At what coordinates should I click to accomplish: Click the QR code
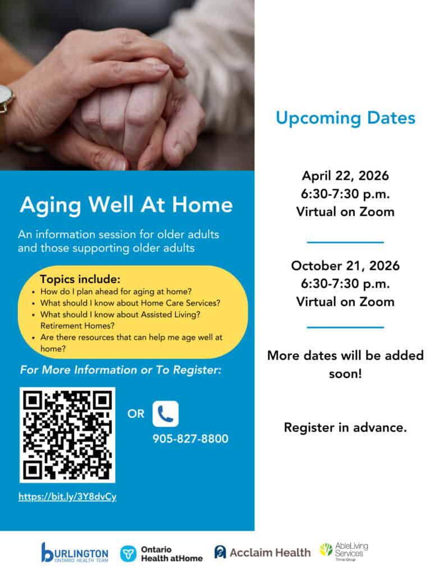tap(67, 435)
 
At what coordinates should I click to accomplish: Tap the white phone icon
tap(166, 414)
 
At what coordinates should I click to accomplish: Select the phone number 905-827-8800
tap(190, 439)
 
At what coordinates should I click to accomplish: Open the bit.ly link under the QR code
tap(67, 496)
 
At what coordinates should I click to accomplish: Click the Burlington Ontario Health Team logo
tap(75, 553)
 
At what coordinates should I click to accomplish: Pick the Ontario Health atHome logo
tap(161, 554)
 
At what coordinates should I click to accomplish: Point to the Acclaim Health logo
tap(262, 553)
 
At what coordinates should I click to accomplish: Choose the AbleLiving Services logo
tap(344, 551)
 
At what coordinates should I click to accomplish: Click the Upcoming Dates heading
tap(345, 118)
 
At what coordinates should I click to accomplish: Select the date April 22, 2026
tap(345, 176)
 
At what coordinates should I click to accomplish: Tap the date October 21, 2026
tap(345, 266)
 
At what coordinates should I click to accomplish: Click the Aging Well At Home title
tap(126, 205)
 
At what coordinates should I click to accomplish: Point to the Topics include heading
tap(80, 279)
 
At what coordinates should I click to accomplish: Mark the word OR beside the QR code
tap(136, 414)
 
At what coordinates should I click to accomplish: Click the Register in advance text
tap(345, 427)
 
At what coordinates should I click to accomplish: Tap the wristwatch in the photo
tap(6, 99)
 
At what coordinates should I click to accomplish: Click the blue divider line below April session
tap(345, 242)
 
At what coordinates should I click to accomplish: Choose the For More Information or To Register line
tap(121, 369)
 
